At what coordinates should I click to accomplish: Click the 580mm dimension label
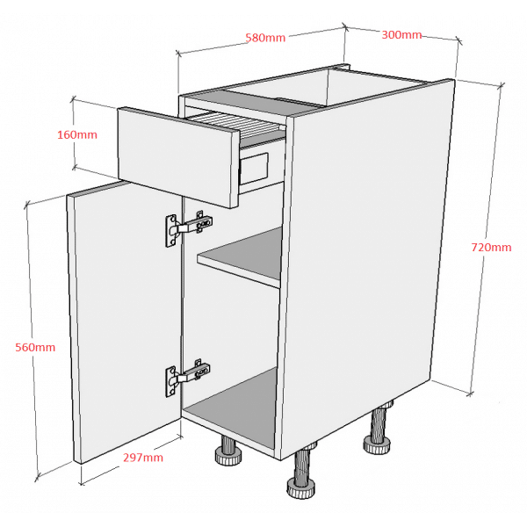point(265,37)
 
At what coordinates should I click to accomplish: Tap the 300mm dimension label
point(401,34)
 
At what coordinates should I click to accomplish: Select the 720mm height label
point(491,248)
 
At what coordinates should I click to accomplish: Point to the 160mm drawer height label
point(77,134)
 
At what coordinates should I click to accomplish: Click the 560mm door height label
point(35,347)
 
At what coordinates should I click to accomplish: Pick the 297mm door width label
point(143,458)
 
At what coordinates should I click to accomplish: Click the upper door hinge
point(189,228)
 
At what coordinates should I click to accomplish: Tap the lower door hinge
point(188,377)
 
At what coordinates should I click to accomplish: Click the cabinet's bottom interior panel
point(232,407)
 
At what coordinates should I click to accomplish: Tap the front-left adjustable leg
point(227,451)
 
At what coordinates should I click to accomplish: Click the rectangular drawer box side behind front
point(255,169)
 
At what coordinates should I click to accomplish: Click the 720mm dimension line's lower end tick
point(470,393)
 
